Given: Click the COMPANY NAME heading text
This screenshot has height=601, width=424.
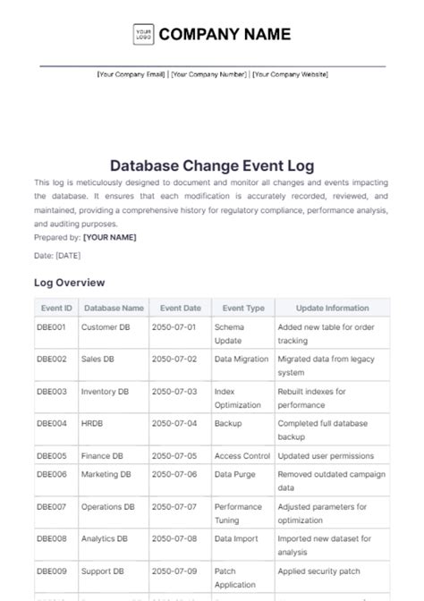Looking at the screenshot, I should tap(225, 35).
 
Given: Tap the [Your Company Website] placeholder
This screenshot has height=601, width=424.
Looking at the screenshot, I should tap(290, 74).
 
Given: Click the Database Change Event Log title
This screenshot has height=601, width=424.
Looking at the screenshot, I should tap(211, 165).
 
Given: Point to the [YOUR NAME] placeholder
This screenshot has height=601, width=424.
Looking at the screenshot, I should tap(111, 238).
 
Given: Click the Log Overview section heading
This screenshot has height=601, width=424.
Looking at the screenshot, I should tap(69, 282).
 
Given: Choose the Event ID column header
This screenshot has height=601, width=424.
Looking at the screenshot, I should tap(55, 308).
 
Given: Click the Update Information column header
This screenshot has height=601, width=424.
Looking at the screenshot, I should tap(333, 308).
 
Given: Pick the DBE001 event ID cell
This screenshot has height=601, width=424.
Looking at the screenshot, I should tap(51, 327).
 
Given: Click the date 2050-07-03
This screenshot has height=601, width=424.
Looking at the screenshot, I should tap(174, 392).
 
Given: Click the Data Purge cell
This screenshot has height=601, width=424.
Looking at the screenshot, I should tap(234, 474).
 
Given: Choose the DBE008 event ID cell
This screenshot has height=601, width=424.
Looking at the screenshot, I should tap(51, 539).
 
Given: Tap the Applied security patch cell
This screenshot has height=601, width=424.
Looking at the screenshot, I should tap(320, 571).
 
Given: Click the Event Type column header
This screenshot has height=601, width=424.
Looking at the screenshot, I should tap(243, 308).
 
